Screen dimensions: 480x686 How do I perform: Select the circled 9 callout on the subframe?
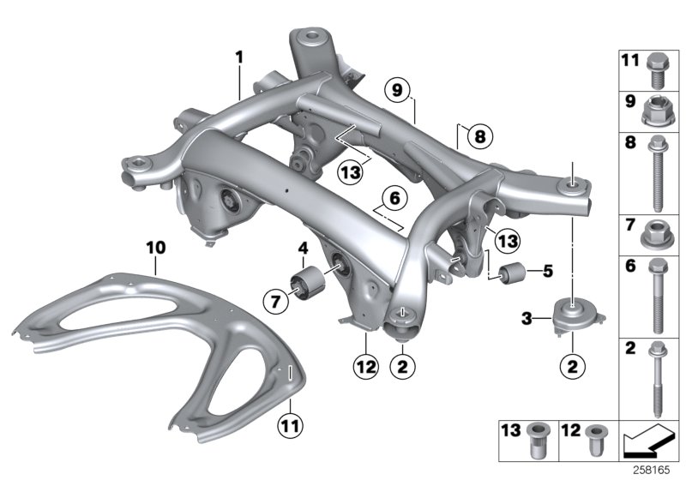coord(397,88)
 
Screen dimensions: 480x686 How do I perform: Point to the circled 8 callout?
coord(478,136)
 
